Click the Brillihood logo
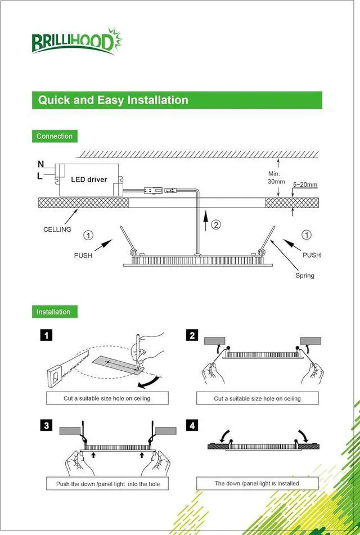pyautogui.click(x=76, y=41)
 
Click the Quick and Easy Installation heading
pyautogui.click(x=113, y=100)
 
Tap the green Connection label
pyautogui.click(x=54, y=136)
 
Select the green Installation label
pyautogui.click(x=53, y=312)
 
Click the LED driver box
pyautogui.click(x=89, y=179)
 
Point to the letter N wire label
pyautogui.click(x=40, y=164)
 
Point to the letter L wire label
pyautogui.click(x=40, y=176)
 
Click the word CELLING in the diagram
pyautogui.click(x=57, y=230)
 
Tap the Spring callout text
pyautogui.click(x=305, y=276)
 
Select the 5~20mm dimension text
pyautogui.click(x=305, y=185)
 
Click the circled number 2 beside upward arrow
pyautogui.click(x=216, y=225)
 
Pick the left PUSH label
pyautogui.click(x=83, y=255)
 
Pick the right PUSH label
pyautogui.click(x=312, y=255)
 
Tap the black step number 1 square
pyautogui.click(x=47, y=336)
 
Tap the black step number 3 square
pyautogui.click(x=47, y=425)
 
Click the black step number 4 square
pyautogui.click(x=192, y=425)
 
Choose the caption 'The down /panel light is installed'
pyautogui.click(x=256, y=483)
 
